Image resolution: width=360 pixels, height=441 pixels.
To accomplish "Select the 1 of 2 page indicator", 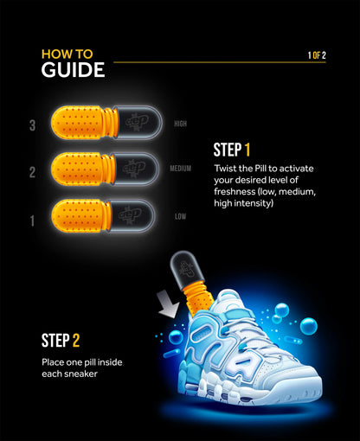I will click(317, 55).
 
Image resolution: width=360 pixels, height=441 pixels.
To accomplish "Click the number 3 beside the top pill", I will click(32, 125).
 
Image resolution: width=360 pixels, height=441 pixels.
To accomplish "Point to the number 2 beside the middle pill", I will click(32, 172).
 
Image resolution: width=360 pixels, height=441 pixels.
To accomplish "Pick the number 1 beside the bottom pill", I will click(32, 220).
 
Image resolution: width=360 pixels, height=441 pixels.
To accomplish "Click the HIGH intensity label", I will click(180, 124).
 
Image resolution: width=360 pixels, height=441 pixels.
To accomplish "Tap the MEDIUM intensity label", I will click(180, 169).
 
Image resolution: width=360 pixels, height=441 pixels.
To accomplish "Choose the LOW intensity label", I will click(180, 215).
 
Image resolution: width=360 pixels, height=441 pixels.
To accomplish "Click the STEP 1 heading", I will click(233, 148).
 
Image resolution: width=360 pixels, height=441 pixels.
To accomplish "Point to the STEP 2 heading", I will click(61, 340).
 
